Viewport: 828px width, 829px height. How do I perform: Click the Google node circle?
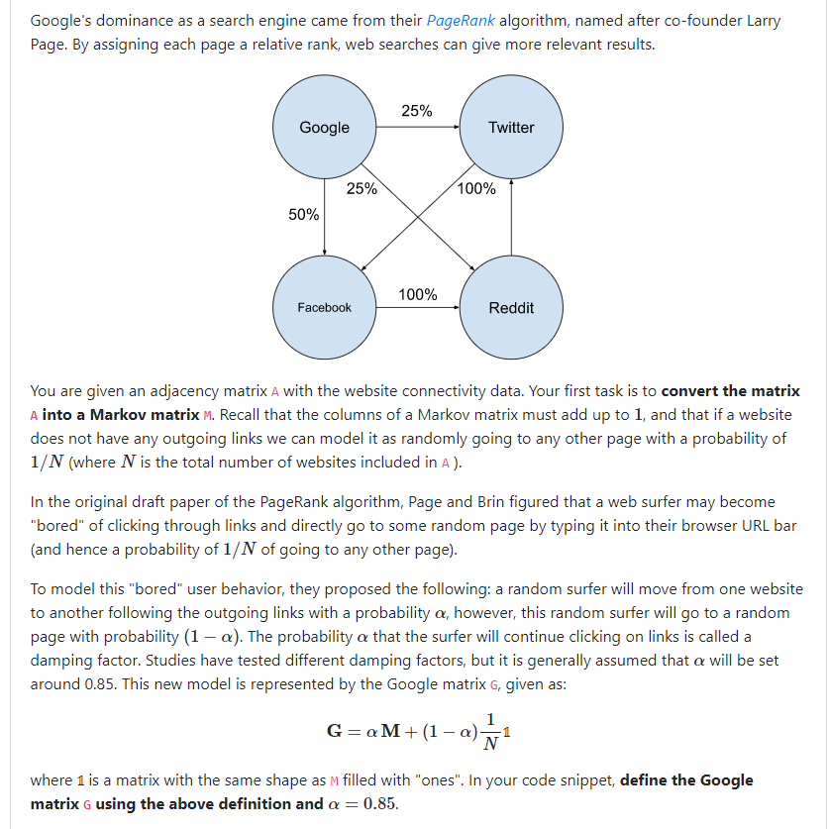click(324, 127)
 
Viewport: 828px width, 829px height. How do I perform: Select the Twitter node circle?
click(511, 127)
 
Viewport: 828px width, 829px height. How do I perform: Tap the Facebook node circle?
click(324, 307)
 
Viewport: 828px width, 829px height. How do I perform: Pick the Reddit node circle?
click(511, 307)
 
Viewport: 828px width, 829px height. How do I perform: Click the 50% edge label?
click(303, 215)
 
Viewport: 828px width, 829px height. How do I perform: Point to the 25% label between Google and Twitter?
click(417, 111)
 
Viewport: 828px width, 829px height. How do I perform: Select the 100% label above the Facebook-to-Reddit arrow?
click(417, 294)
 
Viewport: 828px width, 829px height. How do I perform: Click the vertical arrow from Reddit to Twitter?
click(511, 217)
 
